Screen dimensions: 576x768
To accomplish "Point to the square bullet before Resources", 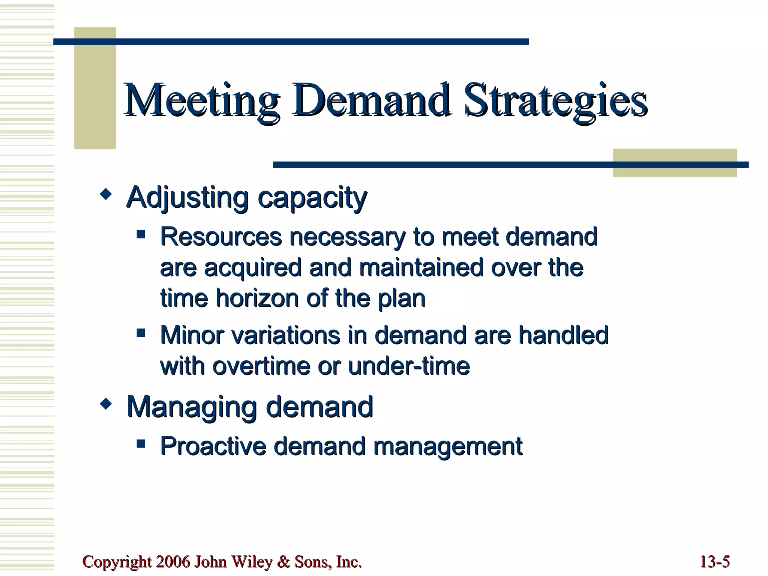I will pos(141,235).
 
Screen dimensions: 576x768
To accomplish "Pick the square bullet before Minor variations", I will pos(141,333).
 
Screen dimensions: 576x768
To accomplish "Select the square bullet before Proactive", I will pos(141,444).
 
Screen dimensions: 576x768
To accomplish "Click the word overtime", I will pos(262,366).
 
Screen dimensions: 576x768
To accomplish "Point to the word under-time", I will pos(409,366).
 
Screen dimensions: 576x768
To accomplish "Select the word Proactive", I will pos(213,446).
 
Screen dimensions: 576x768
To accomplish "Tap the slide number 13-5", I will pos(714,562).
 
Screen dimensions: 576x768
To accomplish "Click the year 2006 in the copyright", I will pos(173,562).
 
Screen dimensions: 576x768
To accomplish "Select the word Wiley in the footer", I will pos(252,562).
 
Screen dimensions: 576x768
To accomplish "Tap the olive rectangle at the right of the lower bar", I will pos(675,163).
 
